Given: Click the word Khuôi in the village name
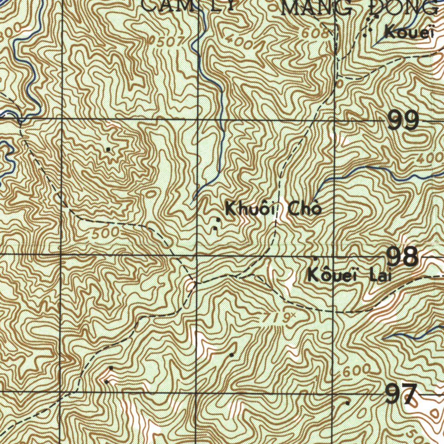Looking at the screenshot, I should pos(249,209).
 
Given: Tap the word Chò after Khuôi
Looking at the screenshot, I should pos(305,209).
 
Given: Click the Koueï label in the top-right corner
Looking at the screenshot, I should pos(408,31).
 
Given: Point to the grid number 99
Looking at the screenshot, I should pos(403,121).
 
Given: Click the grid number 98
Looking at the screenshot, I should pos(403,257).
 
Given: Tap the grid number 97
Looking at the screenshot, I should pos(401,394).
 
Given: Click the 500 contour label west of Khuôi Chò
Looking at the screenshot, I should pos(105,234).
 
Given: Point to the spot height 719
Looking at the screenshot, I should pos(280,318).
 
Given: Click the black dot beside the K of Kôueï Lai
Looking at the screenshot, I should pos(315,259).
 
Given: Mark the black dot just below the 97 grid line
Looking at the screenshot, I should pos(347,403).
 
